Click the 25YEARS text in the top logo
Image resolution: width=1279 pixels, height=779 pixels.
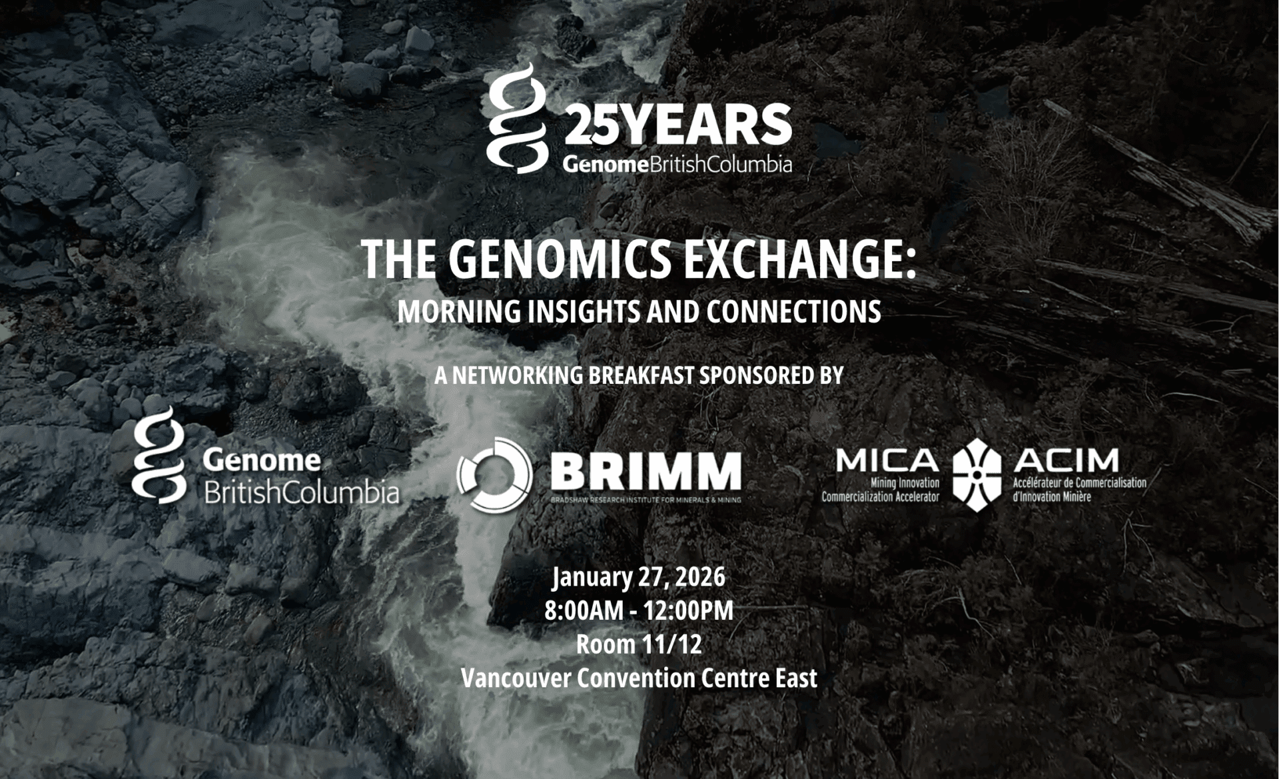(678, 125)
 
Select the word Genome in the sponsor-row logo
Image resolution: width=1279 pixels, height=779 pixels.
(262, 460)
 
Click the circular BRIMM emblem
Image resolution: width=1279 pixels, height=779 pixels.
(494, 474)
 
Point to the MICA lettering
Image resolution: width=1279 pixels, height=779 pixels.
(887, 460)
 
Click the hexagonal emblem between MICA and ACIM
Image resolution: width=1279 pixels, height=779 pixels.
(977, 475)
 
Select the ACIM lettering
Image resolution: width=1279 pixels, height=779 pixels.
(1066, 460)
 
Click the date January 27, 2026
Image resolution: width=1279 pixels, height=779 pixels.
(639, 577)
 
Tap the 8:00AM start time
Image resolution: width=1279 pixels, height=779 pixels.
(584, 610)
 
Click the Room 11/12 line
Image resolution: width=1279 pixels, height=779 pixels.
(639, 644)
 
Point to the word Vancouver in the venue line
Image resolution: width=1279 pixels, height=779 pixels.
(516, 678)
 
